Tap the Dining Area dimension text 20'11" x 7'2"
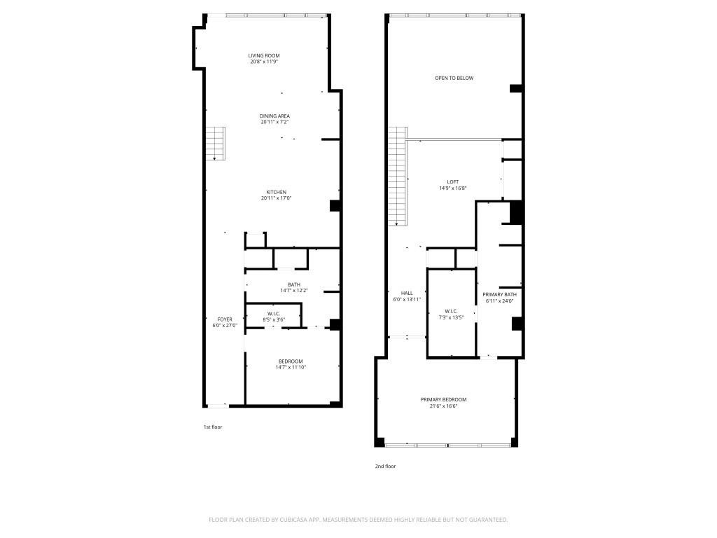274,123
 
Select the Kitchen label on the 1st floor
276,192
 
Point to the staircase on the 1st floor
215,144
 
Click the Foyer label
225,319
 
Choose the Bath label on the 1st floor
294,284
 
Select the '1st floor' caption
212,427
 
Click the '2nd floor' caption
385,466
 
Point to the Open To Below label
454,78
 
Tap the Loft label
453,181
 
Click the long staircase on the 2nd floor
398,175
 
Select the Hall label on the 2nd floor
407,293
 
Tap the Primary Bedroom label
443,399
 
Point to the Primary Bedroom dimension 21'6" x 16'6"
443,406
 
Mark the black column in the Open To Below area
516,88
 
